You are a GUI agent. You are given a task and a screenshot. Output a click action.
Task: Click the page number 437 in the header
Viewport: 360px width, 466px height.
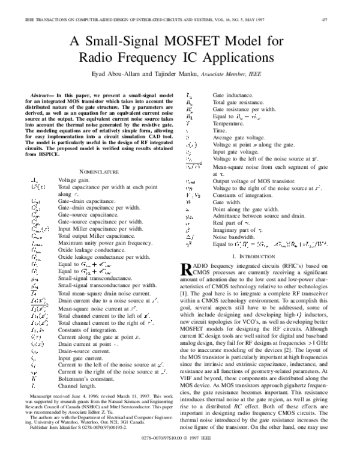[340, 19]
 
